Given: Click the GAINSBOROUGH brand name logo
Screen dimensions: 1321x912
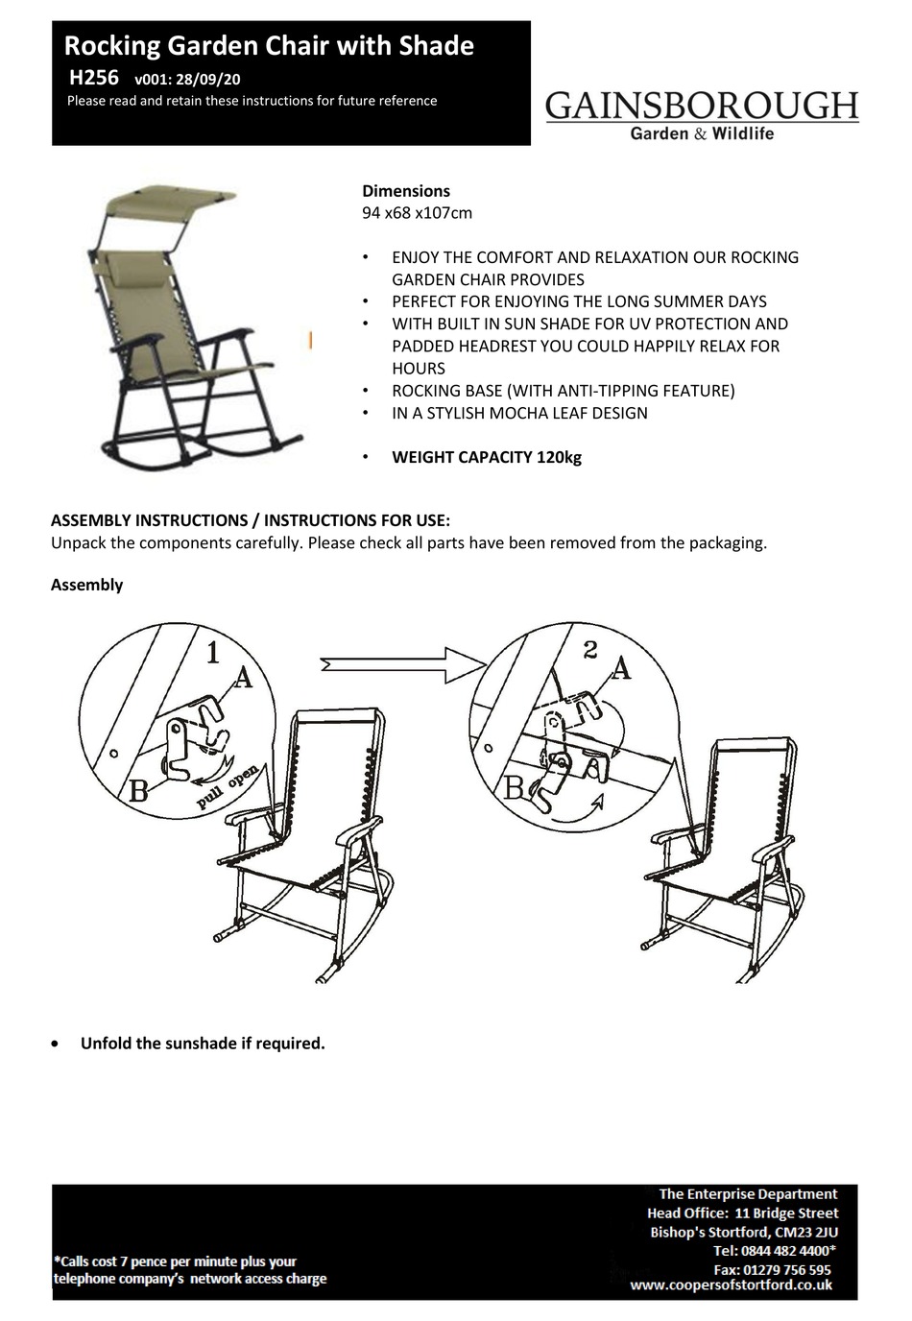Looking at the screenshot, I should (702, 106).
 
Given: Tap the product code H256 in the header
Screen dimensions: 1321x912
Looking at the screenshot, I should (93, 79).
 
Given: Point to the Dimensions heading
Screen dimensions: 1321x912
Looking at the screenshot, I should (405, 191).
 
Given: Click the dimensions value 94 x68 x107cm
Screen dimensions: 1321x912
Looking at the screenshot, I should (417, 213).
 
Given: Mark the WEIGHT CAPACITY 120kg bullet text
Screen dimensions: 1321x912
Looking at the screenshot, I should (486, 457).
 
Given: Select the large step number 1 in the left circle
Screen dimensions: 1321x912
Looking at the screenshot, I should (213, 654).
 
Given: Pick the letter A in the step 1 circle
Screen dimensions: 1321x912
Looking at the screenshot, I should (243, 678).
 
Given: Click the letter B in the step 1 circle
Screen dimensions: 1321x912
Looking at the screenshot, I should (138, 791).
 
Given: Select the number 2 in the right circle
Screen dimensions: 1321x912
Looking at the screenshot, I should (590, 651).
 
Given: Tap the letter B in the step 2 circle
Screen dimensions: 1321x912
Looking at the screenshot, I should (514, 788).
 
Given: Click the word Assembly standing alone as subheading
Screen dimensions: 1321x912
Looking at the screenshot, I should (86, 585).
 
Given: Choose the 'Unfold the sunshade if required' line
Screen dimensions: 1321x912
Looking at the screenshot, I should (203, 1044).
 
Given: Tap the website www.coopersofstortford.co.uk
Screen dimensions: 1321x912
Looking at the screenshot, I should (731, 1285).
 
